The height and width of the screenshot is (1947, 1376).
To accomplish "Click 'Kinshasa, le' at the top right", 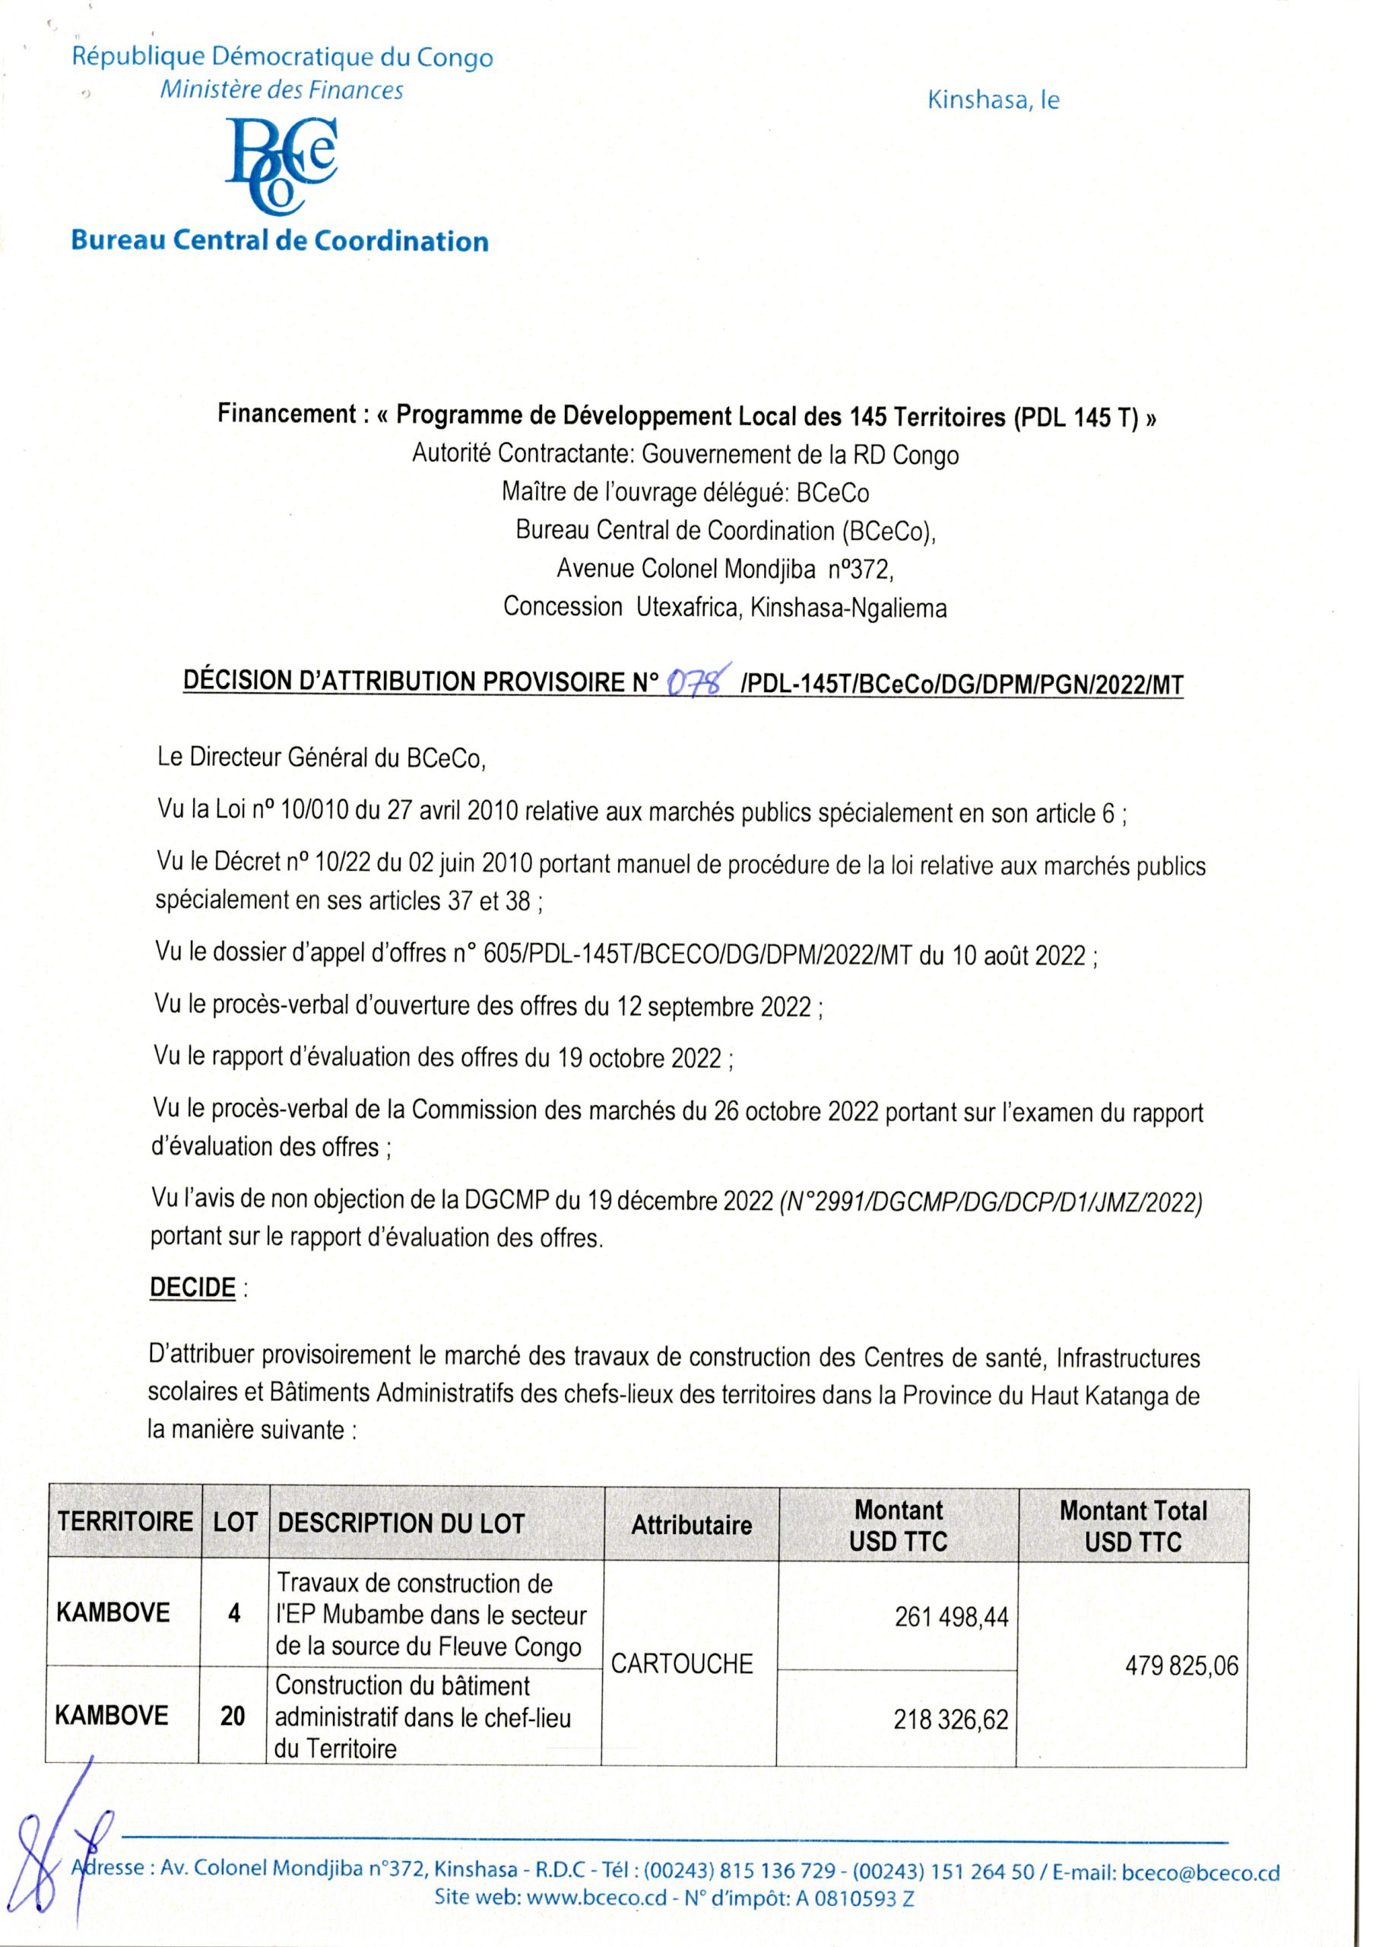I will [994, 101].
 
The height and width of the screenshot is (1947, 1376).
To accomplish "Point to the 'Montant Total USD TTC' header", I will [1133, 1525].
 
